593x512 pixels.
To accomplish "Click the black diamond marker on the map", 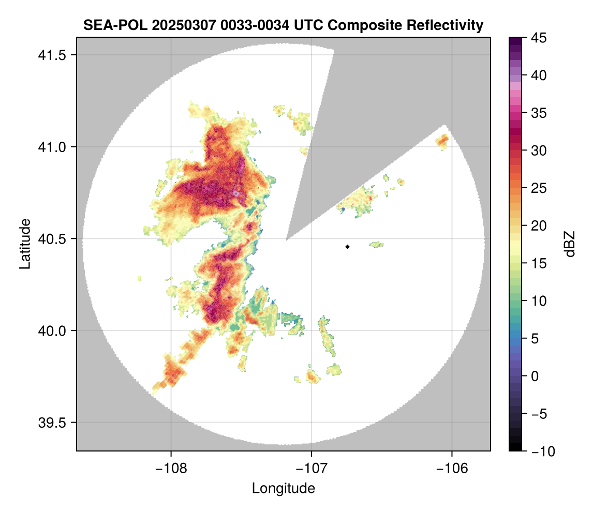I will click(348, 247).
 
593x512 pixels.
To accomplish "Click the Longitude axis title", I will click(283, 488).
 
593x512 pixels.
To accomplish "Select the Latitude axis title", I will click(24, 244).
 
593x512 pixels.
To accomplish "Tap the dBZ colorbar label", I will click(569, 244).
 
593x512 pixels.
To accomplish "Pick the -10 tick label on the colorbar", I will click(540, 451).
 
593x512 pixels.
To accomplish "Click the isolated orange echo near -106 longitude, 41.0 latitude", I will click(442, 141).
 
